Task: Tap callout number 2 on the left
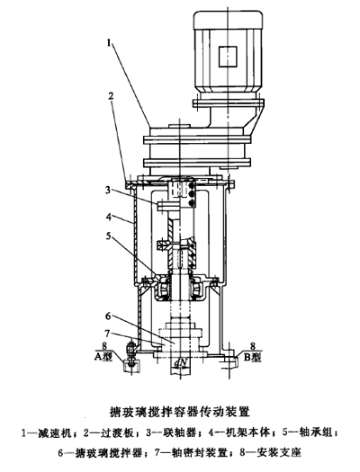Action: (x=112, y=96)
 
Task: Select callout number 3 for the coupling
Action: (x=108, y=191)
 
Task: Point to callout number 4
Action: (x=109, y=216)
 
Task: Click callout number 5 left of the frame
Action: (x=109, y=236)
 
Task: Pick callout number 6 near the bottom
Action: (x=108, y=316)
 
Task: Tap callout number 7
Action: (x=106, y=334)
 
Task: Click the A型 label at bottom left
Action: (x=103, y=357)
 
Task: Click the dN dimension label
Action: (x=181, y=363)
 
